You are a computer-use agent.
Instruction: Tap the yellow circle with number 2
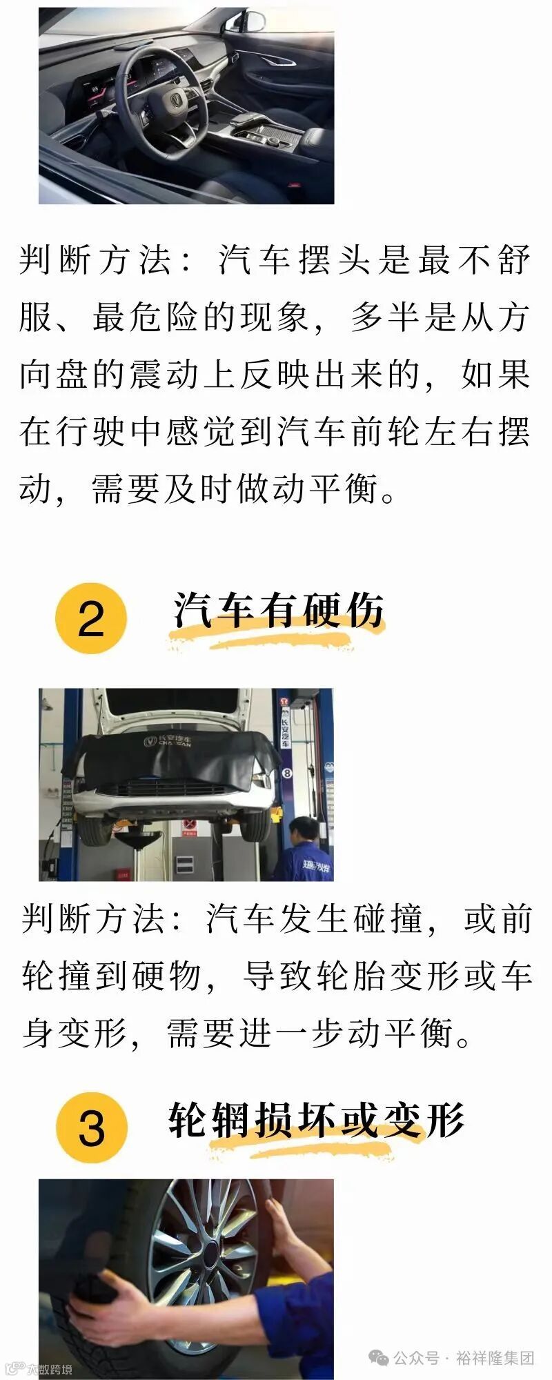[91, 618]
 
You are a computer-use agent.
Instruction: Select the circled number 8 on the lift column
[287, 773]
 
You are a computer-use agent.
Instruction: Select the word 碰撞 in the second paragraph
[388, 918]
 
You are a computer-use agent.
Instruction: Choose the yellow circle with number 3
[91, 1127]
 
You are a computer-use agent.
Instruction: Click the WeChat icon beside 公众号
[379, 1358]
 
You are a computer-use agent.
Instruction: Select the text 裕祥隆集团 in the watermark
[495, 1358]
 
